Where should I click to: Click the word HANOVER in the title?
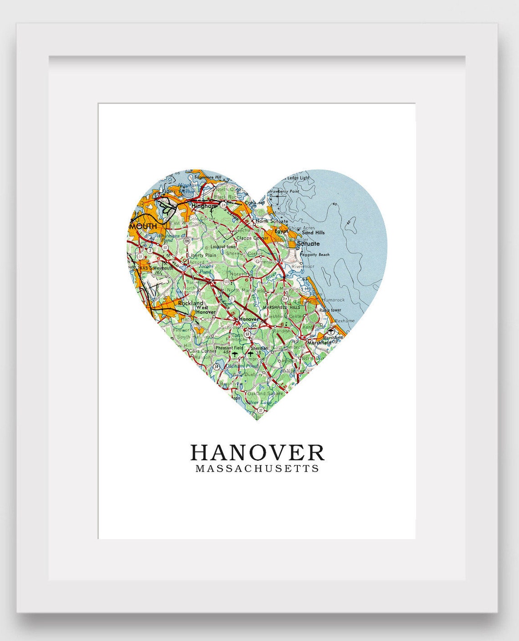coord(257,453)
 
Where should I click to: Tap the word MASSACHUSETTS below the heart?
coord(257,468)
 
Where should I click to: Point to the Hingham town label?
coord(202,206)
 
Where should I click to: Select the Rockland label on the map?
coord(190,303)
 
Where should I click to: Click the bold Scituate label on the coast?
coord(308,244)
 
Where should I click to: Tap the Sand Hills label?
coord(313,233)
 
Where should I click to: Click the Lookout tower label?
coord(224,246)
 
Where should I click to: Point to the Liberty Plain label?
coord(203,255)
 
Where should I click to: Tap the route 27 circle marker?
coord(260,411)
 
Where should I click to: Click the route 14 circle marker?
coord(217,366)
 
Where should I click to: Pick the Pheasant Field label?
coord(229,348)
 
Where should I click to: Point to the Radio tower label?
coord(330,310)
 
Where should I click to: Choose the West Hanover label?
coord(205,310)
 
